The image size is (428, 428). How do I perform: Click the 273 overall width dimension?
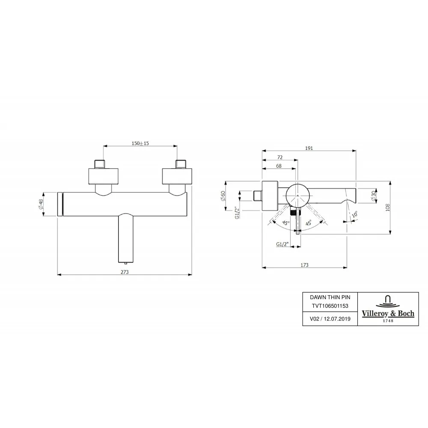coord(125,272)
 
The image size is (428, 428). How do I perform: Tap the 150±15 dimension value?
coord(140,143)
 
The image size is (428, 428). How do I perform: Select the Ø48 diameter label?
coord(41,204)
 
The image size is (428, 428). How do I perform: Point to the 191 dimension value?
coord(309,148)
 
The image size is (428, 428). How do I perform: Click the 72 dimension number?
coord(280,157)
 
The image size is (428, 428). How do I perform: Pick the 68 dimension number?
coord(279,166)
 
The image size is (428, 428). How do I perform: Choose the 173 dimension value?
coord(304,265)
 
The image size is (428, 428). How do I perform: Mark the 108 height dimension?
coord(388,207)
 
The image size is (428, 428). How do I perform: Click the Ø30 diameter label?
coord(373,196)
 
